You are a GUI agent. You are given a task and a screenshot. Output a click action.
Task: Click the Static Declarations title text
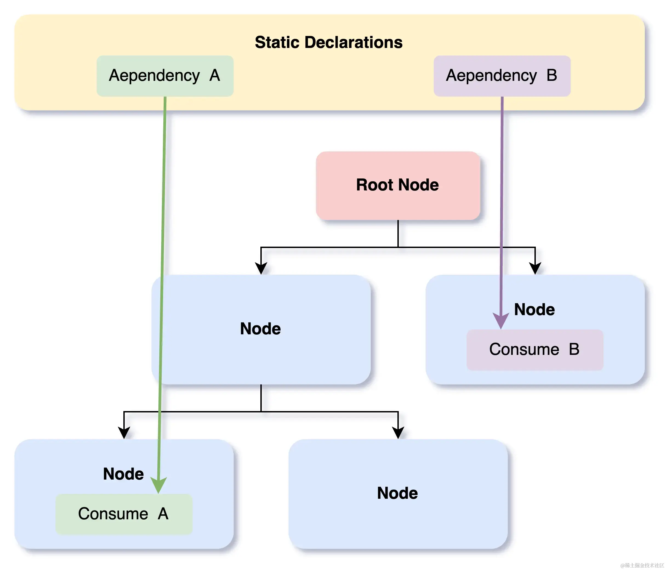coord(329,42)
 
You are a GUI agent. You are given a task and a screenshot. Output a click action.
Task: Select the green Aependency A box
coord(165,76)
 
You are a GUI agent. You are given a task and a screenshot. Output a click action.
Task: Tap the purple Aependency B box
coord(502,76)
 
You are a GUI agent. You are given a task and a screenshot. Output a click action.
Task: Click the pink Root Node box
coord(398,186)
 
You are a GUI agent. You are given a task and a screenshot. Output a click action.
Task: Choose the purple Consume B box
coord(534,350)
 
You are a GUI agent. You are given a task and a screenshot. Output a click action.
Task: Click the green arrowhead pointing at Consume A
coord(158,485)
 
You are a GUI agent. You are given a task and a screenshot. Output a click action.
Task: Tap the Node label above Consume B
coord(534,309)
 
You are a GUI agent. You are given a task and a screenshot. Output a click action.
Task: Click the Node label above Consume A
coord(123,474)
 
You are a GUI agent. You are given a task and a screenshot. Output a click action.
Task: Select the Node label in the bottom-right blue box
coord(397,493)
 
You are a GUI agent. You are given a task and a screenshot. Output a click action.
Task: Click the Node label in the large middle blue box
coord(260,329)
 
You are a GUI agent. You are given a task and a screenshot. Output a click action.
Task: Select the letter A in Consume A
coord(163,514)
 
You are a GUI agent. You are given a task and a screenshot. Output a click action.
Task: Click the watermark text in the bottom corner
coord(642,565)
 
